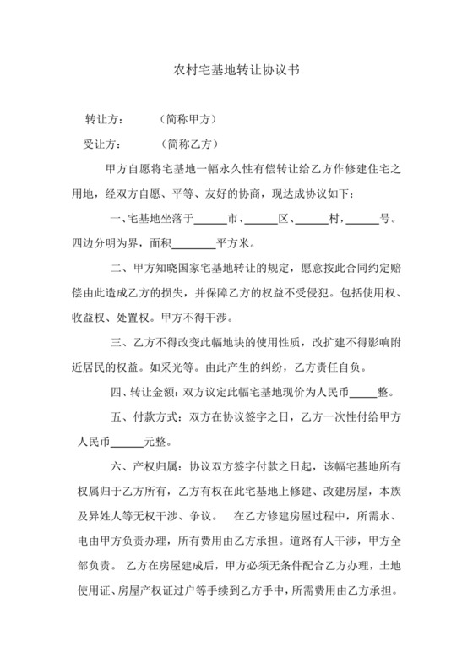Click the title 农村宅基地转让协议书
tap(236, 73)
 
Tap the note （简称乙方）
tap(188, 144)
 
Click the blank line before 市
tap(211, 221)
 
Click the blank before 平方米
tap(199, 246)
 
